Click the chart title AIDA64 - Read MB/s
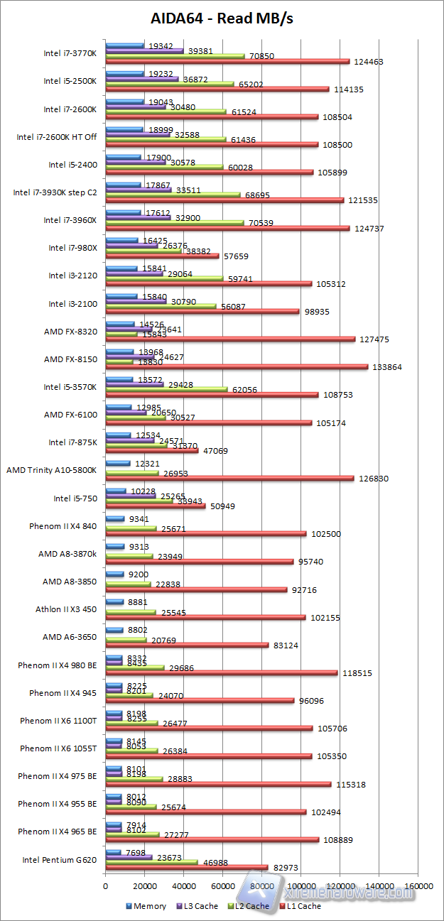pos(222,18)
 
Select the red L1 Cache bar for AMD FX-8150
pos(237,367)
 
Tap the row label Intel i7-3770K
pos(70,53)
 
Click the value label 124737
pos(367,228)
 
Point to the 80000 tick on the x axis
pos(261,886)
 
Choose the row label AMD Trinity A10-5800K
pos(51,469)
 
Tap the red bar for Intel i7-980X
pos(162,256)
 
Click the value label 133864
pos(386,367)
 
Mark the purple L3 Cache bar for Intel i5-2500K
pos(142,79)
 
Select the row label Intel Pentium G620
pos(60,859)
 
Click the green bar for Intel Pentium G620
pos(151,862)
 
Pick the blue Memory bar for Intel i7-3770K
pos(124,45)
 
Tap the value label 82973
pos(286,868)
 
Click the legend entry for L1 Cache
pos(301,905)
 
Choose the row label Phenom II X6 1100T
pos(58,721)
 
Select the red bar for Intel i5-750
pos(155,506)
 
